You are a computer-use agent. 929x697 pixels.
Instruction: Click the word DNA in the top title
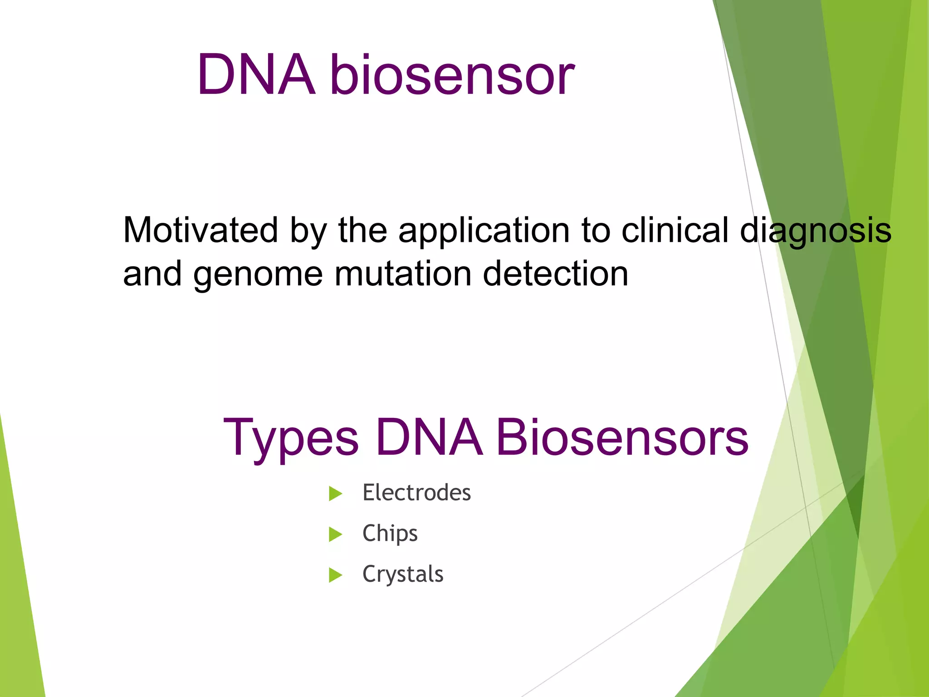click(256, 75)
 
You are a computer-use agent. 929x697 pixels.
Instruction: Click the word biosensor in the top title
click(452, 75)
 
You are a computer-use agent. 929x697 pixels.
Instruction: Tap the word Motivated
click(200, 231)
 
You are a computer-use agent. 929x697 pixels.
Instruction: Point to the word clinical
click(675, 230)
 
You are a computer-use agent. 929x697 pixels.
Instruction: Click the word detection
click(556, 274)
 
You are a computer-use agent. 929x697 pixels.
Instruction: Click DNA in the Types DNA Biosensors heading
click(429, 437)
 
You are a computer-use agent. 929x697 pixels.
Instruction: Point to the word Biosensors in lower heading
click(622, 437)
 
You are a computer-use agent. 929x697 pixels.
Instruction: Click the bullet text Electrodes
click(416, 493)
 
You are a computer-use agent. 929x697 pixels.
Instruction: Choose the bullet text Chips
click(390, 534)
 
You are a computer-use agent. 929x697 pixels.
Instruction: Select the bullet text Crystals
click(402, 574)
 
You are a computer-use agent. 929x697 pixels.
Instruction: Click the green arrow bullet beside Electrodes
click(335, 494)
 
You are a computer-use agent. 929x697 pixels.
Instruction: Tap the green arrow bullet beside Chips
click(335, 535)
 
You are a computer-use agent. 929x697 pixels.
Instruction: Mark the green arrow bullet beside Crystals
click(335, 575)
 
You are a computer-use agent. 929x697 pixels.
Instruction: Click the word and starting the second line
click(152, 274)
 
